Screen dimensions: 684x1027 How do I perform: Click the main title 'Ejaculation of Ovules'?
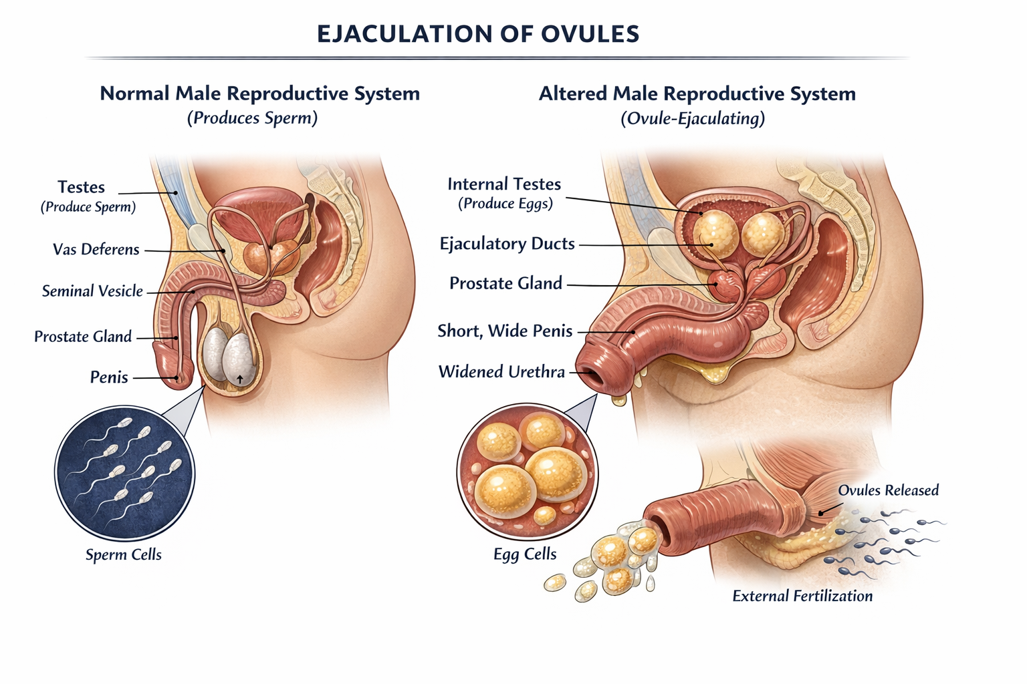(477, 33)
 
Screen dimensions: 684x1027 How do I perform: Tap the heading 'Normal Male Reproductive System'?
(259, 94)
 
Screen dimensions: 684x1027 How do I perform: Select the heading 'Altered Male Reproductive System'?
(697, 94)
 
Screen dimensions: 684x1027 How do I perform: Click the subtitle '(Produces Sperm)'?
(252, 118)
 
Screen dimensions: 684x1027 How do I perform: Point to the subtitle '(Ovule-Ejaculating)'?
(692, 119)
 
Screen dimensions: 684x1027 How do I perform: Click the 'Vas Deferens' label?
(96, 250)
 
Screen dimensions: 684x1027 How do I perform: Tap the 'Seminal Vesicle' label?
(92, 291)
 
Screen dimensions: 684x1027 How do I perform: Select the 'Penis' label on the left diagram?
(109, 377)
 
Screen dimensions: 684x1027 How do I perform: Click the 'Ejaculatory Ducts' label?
(507, 244)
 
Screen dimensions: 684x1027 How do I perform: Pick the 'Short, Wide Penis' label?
(505, 331)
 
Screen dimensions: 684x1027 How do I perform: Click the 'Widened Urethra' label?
(501, 372)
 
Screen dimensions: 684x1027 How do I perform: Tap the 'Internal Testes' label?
(504, 184)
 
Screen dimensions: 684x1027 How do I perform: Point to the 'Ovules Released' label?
(888, 490)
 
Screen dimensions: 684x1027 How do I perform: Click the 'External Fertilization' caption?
(802, 596)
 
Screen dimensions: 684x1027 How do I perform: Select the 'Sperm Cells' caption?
(124, 554)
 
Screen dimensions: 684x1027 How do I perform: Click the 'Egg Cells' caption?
(525, 554)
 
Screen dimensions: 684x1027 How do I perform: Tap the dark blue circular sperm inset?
(124, 474)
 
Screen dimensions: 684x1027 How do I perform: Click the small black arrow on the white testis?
(240, 379)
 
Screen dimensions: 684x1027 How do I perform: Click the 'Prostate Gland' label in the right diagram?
(505, 283)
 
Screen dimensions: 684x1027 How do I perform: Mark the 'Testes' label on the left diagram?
(81, 187)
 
